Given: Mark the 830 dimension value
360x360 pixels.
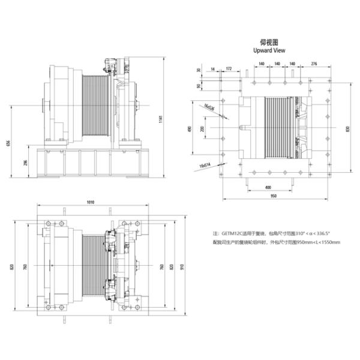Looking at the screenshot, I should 347,128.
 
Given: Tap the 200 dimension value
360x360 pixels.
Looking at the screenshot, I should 202,129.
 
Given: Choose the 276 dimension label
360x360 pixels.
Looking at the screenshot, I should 314,63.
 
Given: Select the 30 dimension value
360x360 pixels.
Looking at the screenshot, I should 199,71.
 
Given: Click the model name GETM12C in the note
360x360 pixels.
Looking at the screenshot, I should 233,233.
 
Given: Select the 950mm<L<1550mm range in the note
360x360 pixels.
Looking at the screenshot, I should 319,242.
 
